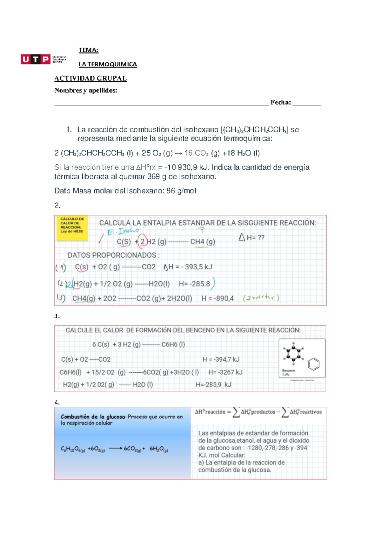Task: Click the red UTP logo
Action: coord(36,59)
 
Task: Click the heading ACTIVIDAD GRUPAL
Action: coord(90,78)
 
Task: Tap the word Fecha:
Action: coord(281,102)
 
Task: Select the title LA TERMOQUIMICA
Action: coord(108,64)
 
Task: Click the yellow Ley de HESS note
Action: coord(72,227)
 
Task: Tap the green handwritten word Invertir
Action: coord(261,298)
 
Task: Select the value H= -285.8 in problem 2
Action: coord(194,284)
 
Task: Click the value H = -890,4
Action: coord(217,299)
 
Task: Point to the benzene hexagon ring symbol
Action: coord(313,364)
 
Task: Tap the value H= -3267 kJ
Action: coord(225,372)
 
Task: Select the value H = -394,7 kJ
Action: coord(221,360)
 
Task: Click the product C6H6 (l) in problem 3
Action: coord(173,345)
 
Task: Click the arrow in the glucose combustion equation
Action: coord(116,449)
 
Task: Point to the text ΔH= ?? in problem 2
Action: coord(251,238)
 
